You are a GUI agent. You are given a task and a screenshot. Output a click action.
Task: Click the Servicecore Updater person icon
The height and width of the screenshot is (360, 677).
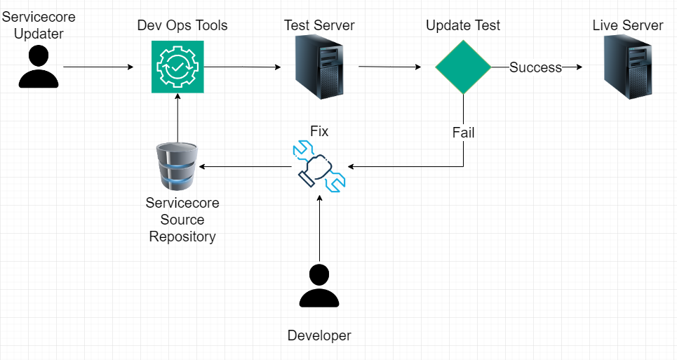pos(39,67)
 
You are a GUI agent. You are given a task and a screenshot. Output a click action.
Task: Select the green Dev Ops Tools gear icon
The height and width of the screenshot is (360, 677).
pos(177,67)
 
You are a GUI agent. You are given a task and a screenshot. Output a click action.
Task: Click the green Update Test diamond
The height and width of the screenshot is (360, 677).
pos(463,67)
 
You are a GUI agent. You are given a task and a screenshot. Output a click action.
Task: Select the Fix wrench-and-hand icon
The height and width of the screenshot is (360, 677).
pos(319,166)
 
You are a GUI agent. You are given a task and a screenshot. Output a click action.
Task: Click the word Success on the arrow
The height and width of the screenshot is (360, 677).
pos(535,67)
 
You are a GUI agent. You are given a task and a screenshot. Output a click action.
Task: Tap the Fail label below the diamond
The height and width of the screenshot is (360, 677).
pos(463,132)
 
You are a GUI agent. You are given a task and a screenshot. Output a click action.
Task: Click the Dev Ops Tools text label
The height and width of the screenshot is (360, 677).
pos(182,26)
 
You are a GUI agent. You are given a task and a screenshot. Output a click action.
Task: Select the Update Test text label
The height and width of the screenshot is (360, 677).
pos(463,26)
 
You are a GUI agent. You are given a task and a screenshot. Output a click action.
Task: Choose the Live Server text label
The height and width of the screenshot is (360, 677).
pos(627,26)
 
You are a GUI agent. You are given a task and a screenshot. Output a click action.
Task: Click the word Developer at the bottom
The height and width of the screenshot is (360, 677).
pos(319,335)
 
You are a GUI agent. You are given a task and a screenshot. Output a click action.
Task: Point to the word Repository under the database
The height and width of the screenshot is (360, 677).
pos(182,236)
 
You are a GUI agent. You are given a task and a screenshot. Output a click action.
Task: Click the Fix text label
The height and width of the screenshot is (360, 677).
pos(319,131)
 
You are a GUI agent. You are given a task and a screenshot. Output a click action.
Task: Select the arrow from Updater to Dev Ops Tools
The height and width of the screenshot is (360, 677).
pos(98,67)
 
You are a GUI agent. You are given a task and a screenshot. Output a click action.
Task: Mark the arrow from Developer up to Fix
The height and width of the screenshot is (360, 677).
pos(319,228)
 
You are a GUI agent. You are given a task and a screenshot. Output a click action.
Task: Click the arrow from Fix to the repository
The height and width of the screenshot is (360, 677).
pos(246,167)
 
